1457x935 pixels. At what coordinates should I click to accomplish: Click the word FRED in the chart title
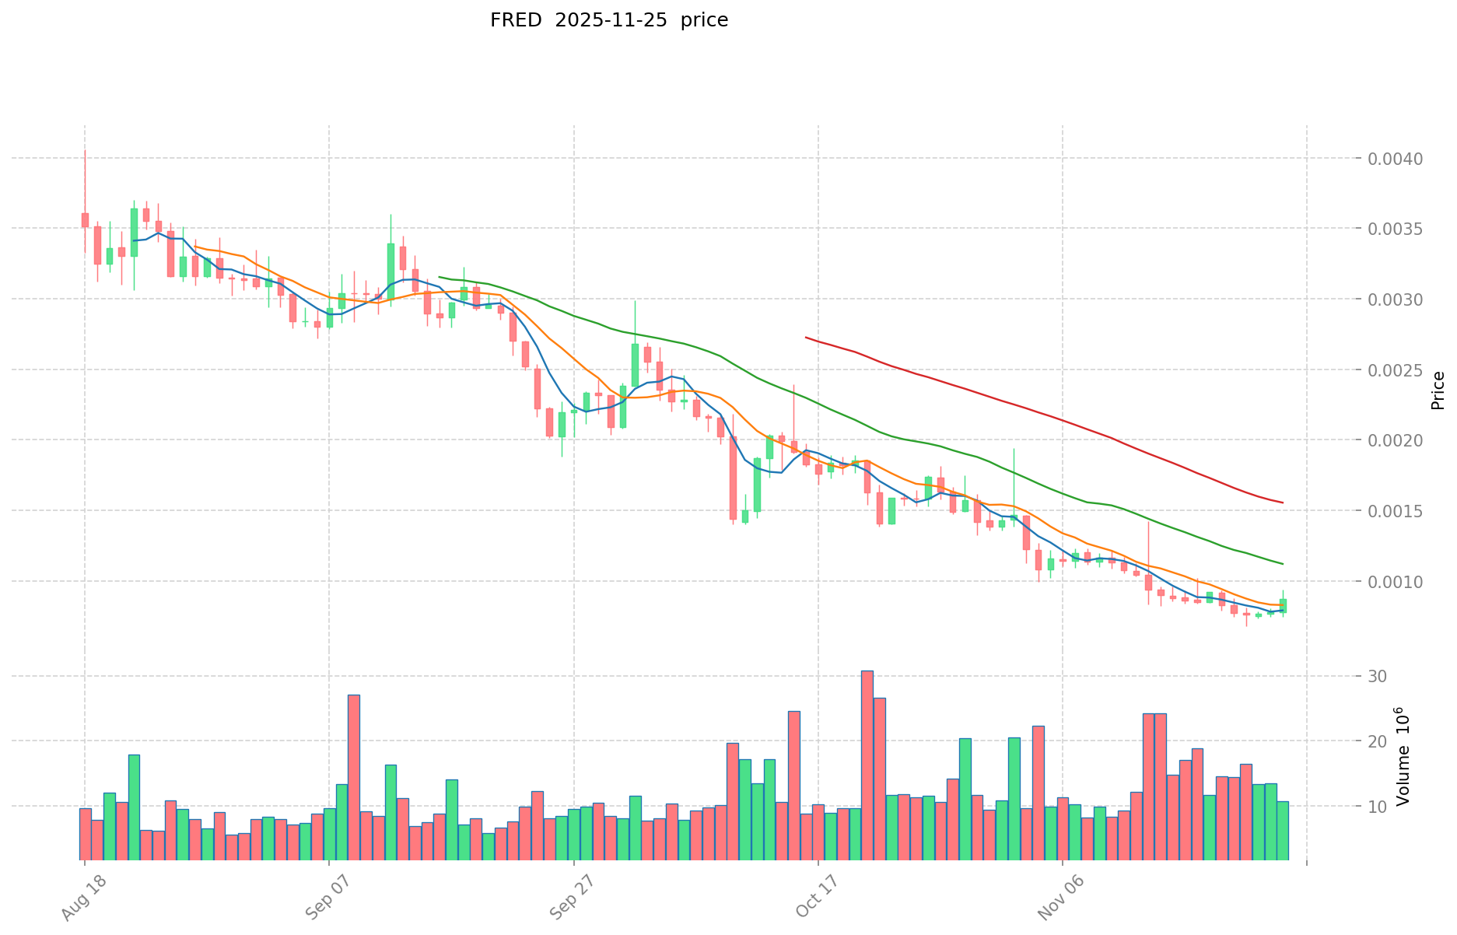[x=515, y=20]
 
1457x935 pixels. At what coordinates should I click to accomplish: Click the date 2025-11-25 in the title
[x=611, y=20]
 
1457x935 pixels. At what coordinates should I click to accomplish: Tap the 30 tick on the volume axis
[x=1378, y=676]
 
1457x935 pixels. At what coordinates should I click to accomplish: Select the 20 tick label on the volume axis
[x=1378, y=741]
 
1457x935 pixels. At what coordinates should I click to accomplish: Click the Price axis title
[x=1438, y=390]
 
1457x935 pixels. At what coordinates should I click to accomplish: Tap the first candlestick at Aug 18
[x=85, y=220]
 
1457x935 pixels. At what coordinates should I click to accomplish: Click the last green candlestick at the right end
[x=1283, y=605]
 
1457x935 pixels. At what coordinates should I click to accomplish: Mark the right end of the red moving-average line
[x=1283, y=503]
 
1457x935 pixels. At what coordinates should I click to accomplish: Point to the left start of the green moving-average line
[x=440, y=276]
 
